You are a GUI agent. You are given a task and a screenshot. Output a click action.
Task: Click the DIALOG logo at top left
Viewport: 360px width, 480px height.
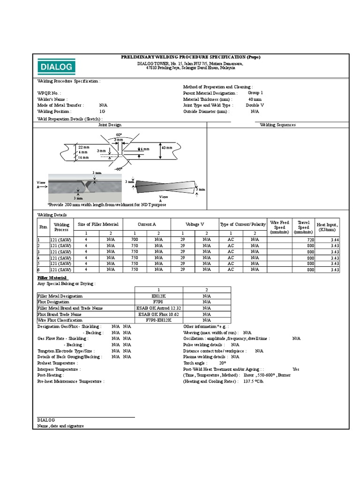click(x=56, y=67)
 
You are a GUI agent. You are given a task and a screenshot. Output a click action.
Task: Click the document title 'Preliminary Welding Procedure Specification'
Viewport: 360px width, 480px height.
click(x=190, y=57)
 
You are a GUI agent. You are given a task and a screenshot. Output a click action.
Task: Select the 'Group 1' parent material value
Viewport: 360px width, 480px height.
click(x=255, y=93)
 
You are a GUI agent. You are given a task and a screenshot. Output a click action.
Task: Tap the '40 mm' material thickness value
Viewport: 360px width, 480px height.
click(x=255, y=99)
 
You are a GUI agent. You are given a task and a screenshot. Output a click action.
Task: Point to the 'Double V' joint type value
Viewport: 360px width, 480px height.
click(x=255, y=105)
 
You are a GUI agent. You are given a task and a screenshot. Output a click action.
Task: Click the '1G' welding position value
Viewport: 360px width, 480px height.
click(x=102, y=112)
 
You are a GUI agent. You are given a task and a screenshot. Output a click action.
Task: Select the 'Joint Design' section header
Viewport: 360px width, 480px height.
click(x=110, y=125)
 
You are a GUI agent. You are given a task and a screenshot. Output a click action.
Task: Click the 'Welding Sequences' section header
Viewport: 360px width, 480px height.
click(x=277, y=125)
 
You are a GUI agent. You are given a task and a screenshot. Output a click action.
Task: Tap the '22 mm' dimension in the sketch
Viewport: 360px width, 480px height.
click(x=84, y=147)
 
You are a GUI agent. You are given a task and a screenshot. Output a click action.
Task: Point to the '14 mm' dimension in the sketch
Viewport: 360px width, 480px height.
click(x=82, y=157)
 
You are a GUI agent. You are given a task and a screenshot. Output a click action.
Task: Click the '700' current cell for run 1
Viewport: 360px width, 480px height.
click(x=135, y=240)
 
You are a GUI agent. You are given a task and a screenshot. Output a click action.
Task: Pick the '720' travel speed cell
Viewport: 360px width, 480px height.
click(x=310, y=240)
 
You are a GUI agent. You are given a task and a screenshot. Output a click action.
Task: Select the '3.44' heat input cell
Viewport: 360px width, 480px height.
click(x=334, y=240)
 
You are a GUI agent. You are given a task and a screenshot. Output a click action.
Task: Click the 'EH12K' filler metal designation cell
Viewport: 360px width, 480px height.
click(x=158, y=296)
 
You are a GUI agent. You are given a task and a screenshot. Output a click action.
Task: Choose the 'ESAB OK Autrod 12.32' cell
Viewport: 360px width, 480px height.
click(x=158, y=308)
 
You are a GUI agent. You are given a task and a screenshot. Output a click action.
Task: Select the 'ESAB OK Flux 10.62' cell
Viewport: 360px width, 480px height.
click(x=158, y=314)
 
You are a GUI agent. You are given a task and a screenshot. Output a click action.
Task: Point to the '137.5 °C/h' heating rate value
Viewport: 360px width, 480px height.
click(x=253, y=382)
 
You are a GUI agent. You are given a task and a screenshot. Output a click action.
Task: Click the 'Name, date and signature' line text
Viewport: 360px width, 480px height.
click(x=60, y=426)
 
